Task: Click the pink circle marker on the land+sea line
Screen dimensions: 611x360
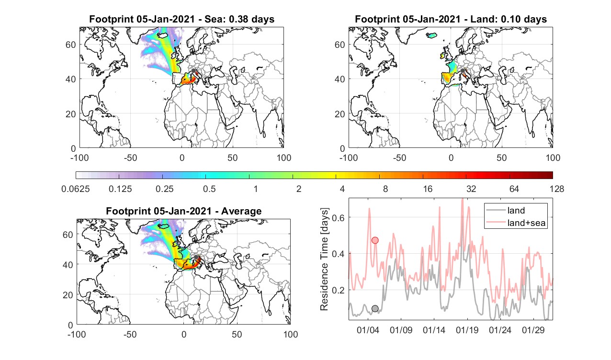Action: tap(375, 240)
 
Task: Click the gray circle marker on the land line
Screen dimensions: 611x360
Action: tap(375, 308)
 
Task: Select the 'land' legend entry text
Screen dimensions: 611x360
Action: tap(516, 211)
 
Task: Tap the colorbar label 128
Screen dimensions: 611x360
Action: tap(557, 189)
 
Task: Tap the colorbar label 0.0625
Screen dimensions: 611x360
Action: tap(76, 189)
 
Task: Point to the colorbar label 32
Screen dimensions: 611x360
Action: tap(471, 189)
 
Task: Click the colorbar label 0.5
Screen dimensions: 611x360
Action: tap(209, 189)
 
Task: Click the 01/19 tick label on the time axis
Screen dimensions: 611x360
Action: tap(467, 330)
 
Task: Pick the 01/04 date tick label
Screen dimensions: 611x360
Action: tap(368, 330)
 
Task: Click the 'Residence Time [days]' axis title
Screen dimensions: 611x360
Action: tap(324, 259)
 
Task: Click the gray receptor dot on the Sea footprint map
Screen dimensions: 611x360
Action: tap(193, 71)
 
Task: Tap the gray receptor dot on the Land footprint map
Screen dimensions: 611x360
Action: tap(463, 71)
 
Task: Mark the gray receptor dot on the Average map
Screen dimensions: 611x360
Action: tap(196, 257)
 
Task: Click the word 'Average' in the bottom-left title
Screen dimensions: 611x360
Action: tap(241, 211)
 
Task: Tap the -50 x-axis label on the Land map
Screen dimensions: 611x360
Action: tap(400, 157)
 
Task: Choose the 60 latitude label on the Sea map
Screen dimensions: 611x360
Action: tap(70, 45)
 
